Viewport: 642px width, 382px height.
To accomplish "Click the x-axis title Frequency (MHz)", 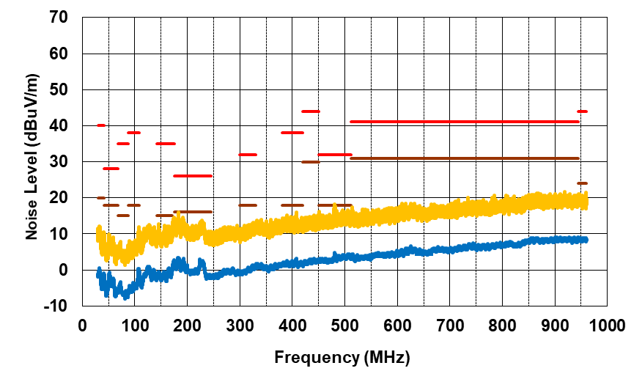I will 342,358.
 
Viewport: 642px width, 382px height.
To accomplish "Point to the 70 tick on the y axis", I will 60,18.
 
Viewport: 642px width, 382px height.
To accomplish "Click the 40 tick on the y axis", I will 60,125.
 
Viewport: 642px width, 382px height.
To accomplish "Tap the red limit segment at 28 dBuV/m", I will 111,169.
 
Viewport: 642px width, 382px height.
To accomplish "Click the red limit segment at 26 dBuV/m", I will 192,176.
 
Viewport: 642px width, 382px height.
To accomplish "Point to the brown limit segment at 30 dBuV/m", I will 310,161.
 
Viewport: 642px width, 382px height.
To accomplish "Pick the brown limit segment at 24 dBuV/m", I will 582,183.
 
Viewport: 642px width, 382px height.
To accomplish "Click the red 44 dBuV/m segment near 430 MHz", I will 310,111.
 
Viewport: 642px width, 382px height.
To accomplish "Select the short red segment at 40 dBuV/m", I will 101,125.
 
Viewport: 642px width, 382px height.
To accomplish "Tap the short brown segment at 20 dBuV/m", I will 101,197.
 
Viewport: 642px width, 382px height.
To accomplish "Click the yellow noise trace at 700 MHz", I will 449,210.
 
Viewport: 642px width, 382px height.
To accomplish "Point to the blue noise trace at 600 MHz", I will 396,253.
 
